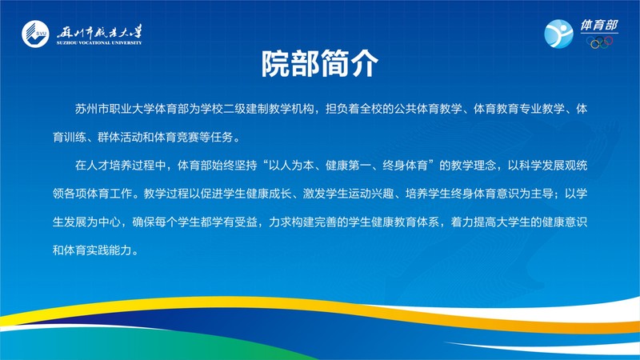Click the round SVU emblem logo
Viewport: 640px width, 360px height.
pos(35,34)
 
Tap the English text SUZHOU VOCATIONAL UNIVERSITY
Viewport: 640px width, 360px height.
pos(99,43)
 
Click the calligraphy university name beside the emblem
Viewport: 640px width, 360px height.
pos(99,32)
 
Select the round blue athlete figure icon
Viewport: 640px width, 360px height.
pos(558,34)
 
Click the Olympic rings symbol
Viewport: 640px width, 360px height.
pos(599,42)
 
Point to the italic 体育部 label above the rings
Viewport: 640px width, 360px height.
pos(599,26)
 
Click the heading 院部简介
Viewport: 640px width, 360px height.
pos(320,63)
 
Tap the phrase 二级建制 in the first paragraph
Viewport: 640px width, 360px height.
pos(246,109)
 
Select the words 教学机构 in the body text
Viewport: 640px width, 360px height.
pos(291,109)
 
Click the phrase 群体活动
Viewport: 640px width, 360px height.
pos(121,137)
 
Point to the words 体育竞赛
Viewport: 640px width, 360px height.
pos(177,137)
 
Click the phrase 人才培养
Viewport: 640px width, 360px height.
pos(109,166)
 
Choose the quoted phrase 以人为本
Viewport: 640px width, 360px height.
pos(291,166)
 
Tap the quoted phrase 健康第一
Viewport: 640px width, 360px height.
pos(348,166)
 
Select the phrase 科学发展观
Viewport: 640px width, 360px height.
pos(547,166)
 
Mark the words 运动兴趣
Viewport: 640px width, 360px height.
pos(371,194)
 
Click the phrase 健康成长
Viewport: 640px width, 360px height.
pos(269,194)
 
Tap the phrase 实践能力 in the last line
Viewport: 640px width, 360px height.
pos(109,250)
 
